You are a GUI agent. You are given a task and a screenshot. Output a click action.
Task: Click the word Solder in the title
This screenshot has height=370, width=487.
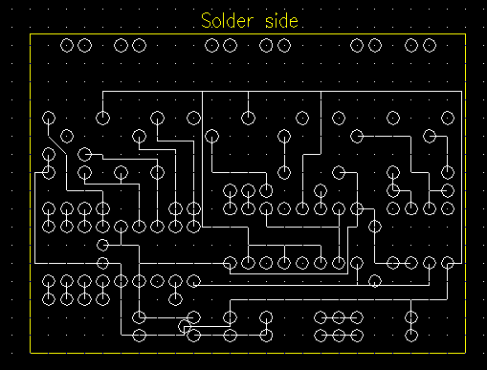(228, 21)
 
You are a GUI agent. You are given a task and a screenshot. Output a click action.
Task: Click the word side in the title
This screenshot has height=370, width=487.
(281, 21)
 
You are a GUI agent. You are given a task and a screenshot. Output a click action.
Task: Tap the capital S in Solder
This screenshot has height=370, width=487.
(206, 21)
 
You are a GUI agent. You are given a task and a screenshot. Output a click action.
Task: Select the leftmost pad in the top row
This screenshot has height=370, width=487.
(67, 45)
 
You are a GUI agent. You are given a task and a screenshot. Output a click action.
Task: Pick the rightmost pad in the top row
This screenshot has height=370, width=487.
(430, 45)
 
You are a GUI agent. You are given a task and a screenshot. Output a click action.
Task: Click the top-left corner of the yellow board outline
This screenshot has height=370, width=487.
(31, 33)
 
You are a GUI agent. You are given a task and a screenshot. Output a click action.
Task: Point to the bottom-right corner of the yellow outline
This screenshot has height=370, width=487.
(466, 353)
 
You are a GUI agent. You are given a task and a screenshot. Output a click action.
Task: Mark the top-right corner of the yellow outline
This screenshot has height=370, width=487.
(466, 33)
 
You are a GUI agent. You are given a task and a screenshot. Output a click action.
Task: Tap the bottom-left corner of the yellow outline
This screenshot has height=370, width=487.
(31, 353)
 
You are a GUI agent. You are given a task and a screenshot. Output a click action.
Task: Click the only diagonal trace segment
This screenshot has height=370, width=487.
(57, 145)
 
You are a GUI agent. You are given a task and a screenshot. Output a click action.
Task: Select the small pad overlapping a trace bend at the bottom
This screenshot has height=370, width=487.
(184, 326)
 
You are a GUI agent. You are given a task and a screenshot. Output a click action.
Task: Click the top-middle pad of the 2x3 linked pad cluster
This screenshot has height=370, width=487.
(339, 317)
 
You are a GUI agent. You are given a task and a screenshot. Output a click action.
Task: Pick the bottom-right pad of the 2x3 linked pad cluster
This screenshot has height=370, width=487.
(357, 336)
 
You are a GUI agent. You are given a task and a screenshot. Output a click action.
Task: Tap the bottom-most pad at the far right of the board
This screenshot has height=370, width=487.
(411, 336)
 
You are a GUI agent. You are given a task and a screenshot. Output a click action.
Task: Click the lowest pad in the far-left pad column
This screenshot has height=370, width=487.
(49, 299)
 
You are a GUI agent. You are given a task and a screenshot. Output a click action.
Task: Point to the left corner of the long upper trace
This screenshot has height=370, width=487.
(102, 92)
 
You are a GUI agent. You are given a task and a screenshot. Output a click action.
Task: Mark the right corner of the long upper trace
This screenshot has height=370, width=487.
(461, 92)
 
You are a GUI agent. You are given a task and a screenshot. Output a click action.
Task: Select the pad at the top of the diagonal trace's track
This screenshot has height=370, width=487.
(49, 119)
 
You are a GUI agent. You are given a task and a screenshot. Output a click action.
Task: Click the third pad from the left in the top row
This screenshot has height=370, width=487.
(121, 45)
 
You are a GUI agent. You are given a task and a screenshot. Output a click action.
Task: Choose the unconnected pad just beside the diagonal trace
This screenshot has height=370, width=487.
(67, 137)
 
